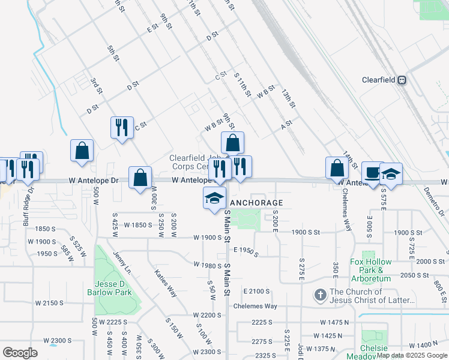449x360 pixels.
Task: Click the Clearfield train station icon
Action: (402, 80)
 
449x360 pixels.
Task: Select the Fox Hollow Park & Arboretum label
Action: (370, 270)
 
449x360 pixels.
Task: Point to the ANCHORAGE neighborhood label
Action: (256, 203)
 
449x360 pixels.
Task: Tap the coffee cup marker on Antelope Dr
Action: (372, 173)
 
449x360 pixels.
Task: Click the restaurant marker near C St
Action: (121, 128)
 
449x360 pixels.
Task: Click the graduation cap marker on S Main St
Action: (214, 199)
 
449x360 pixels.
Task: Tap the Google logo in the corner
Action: (20, 352)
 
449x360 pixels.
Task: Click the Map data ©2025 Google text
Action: (412, 355)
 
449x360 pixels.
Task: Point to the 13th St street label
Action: (289, 98)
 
